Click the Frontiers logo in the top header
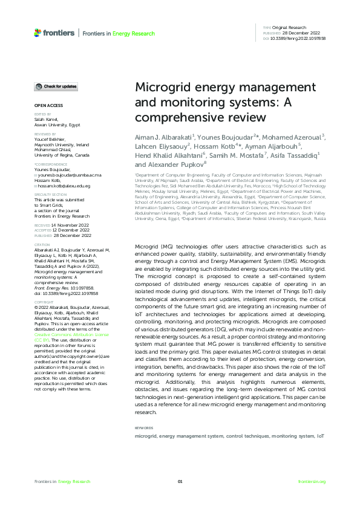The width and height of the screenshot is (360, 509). tap(56, 31)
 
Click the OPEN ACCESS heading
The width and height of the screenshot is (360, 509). tap(46, 105)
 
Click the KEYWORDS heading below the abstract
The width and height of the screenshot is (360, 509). tap(144, 427)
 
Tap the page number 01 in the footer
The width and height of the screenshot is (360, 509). tap(180, 481)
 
